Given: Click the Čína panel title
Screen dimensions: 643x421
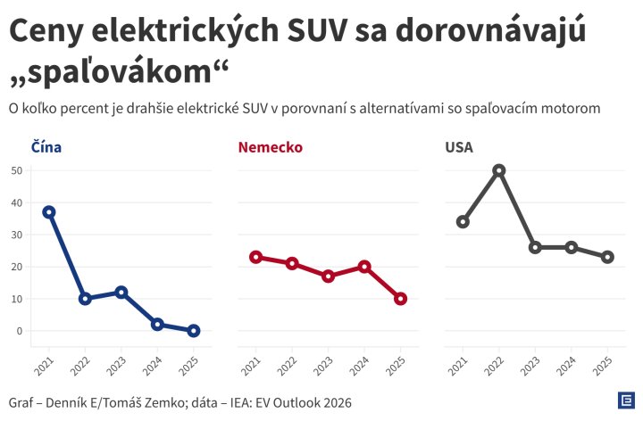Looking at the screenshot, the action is pos(46,146).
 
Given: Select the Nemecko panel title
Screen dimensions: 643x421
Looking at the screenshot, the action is pos(271,147).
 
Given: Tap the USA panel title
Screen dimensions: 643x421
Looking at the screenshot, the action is pos(459,147).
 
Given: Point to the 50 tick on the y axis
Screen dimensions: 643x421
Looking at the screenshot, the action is pos(17,170).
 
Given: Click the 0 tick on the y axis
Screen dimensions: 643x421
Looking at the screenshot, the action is pos(20,331).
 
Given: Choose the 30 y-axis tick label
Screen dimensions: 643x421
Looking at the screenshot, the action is pos(17,235).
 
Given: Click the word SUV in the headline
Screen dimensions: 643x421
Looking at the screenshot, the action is pos(317,31).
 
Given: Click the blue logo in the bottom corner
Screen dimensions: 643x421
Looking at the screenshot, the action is pos(626,400).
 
